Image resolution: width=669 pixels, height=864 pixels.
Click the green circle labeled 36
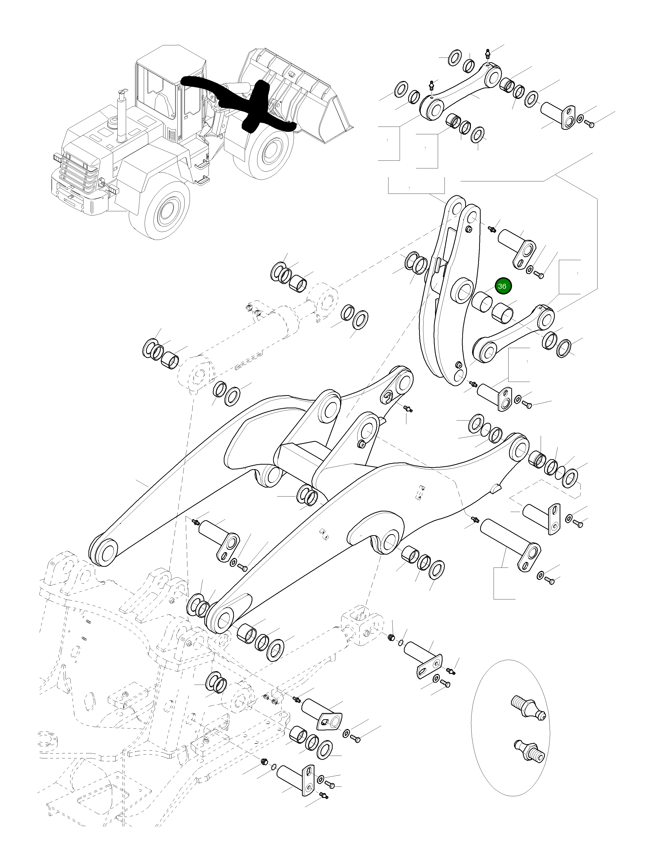pos(502,286)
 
